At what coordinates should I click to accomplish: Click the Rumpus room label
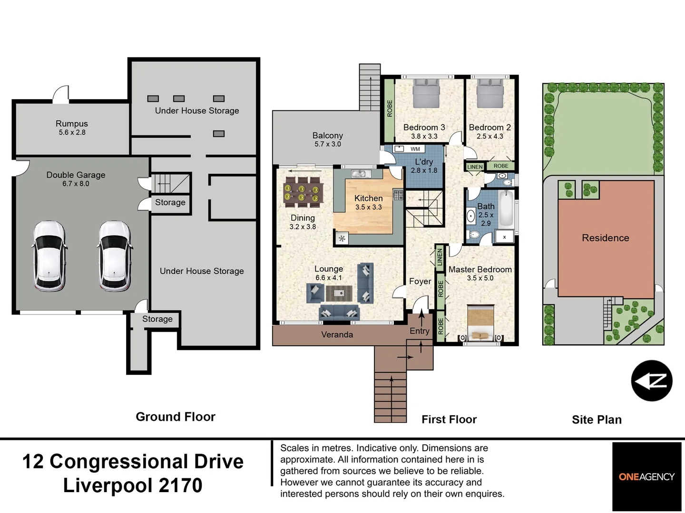click(x=72, y=124)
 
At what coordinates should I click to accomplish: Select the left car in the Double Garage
click(x=49, y=256)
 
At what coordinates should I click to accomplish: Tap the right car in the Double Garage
click(x=114, y=256)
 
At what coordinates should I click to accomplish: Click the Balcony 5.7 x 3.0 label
click(x=328, y=140)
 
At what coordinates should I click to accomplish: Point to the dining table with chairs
click(x=303, y=192)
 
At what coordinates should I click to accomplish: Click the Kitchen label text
click(x=368, y=199)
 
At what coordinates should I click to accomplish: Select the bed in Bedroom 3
click(x=426, y=93)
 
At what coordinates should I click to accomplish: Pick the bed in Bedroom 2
click(x=490, y=93)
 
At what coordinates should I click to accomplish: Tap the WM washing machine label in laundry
click(x=415, y=149)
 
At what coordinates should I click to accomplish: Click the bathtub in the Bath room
click(x=506, y=209)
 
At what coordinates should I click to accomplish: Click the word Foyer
click(x=420, y=281)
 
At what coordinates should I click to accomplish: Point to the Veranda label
click(x=337, y=335)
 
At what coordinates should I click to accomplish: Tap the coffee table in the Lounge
click(x=339, y=293)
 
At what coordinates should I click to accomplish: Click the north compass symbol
click(x=652, y=381)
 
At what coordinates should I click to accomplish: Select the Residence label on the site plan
click(x=605, y=238)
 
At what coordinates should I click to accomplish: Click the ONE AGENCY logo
click(x=646, y=476)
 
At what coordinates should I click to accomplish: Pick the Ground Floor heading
click(x=176, y=417)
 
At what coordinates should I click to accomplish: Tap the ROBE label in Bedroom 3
click(x=390, y=109)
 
